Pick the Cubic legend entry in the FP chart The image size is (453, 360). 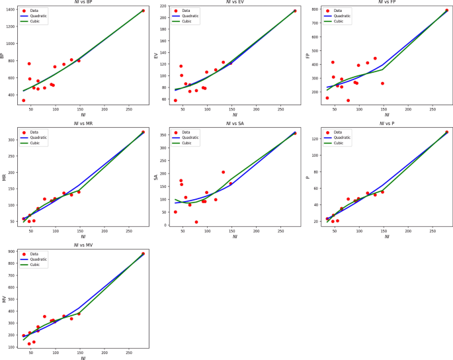[x=338, y=21]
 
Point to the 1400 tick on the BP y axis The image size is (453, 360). [x=12, y=11]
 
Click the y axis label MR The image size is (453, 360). [x=4, y=177]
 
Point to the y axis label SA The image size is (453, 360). [x=156, y=177]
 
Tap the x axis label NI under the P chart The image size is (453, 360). [x=386, y=236]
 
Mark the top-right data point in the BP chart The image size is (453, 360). [x=143, y=11]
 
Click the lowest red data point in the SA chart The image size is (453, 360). [x=196, y=222]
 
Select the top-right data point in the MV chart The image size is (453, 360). [x=143, y=253]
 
